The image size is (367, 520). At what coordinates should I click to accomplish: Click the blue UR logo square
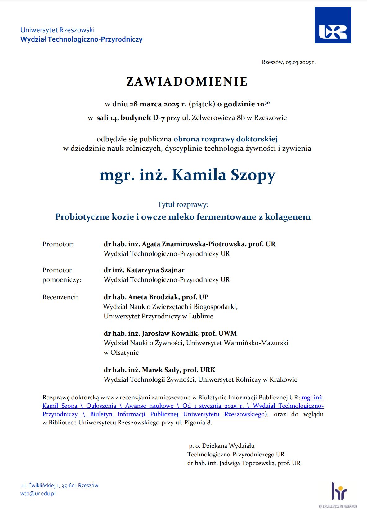[x=333, y=25]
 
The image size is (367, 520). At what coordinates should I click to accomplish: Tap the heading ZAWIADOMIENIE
[x=187, y=82]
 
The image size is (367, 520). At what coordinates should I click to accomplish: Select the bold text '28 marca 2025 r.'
[x=158, y=104]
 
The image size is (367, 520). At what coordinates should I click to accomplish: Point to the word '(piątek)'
[x=202, y=104]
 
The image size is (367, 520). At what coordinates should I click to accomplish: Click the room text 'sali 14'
[x=107, y=118]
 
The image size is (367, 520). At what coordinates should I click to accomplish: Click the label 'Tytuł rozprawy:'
[x=183, y=205]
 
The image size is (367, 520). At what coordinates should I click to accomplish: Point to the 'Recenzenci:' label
[x=60, y=297]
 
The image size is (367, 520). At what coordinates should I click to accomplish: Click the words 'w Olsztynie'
[x=121, y=353]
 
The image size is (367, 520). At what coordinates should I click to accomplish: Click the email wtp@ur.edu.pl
[x=38, y=494]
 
